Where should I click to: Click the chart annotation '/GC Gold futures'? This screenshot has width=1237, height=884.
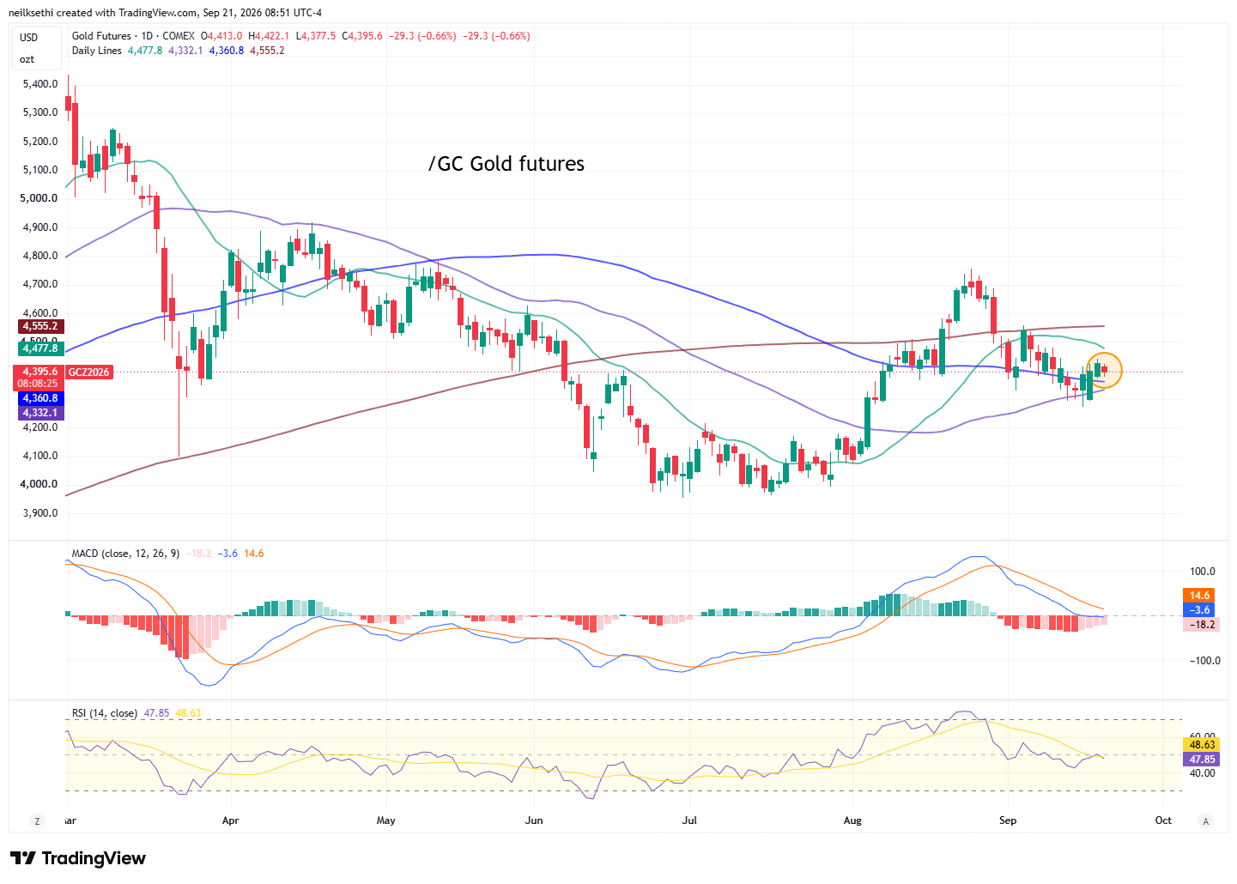tap(506, 163)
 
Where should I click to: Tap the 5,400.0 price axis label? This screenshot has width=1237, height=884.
tap(40, 84)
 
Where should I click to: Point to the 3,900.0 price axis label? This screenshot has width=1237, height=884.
tap(40, 513)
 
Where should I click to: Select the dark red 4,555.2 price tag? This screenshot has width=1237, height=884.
tap(41, 326)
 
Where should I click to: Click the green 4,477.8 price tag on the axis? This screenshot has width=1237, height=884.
tap(41, 348)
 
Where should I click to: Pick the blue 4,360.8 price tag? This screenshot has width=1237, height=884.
tap(41, 398)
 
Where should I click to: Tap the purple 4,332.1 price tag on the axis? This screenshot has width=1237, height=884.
tap(41, 413)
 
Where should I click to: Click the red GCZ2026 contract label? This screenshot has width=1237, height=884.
tap(89, 372)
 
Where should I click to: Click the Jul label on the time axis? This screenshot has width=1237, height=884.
tap(689, 820)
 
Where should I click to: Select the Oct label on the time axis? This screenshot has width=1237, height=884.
tap(1163, 820)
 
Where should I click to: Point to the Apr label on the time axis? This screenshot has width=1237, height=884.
tap(230, 820)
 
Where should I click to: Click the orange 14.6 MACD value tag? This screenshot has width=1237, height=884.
tap(1199, 596)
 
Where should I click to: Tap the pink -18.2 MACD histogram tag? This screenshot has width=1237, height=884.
tap(1201, 625)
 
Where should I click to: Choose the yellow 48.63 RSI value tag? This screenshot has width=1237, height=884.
tap(1202, 745)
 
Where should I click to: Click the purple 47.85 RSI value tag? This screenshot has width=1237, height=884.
tap(1202, 760)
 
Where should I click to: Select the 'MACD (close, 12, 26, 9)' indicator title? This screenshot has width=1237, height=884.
tap(125, 554)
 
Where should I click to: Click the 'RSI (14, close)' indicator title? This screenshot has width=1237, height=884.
tap(105, 713)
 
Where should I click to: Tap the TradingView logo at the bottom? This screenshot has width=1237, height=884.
tap(78, 858)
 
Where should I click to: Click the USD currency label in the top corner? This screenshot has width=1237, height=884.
tap(28, 38)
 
